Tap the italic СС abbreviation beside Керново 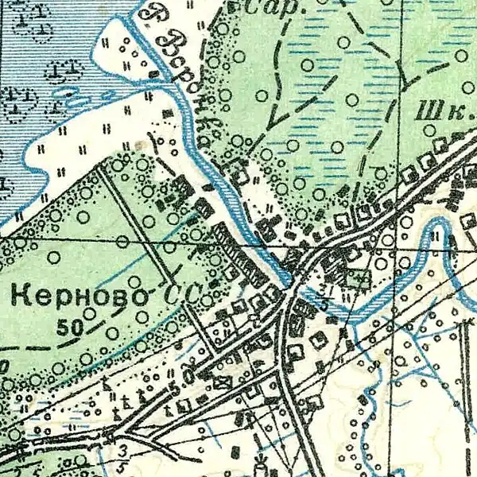click(x=182, y=295)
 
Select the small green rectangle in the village click(x=358, y=277)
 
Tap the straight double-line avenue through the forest click(x=135, y=223)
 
